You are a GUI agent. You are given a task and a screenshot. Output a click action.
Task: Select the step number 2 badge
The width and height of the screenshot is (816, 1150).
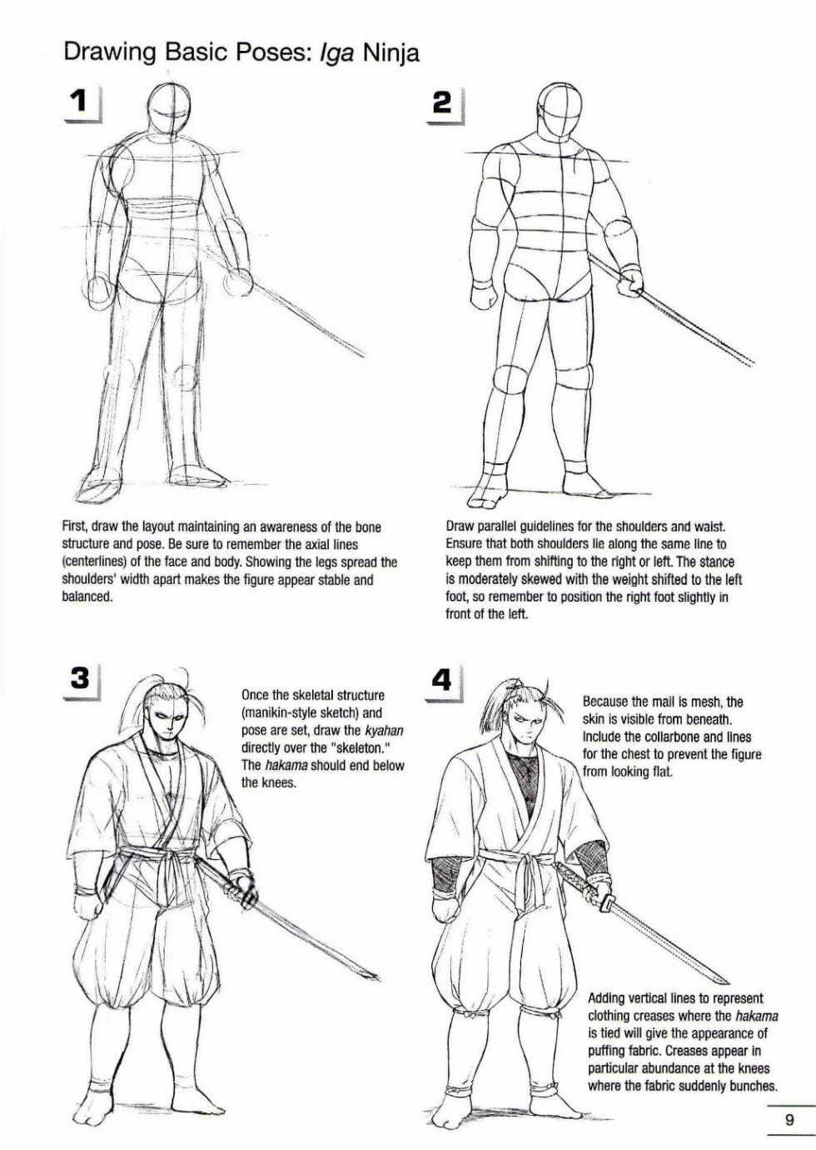[442, 103]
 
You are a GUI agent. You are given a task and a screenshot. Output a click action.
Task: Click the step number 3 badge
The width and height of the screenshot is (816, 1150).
[80, 678]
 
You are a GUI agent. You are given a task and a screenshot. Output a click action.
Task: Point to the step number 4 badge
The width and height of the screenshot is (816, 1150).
[442, 681]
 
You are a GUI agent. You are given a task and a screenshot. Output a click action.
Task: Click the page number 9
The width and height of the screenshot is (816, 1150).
[789, 1120]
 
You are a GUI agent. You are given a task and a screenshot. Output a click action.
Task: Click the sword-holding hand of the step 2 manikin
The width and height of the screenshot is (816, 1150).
[630, 282]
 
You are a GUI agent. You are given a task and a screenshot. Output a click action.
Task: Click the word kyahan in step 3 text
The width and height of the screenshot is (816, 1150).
[384, 730]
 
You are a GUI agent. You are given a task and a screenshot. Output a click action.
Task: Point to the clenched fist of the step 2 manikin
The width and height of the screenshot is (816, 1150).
[483, 295]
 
